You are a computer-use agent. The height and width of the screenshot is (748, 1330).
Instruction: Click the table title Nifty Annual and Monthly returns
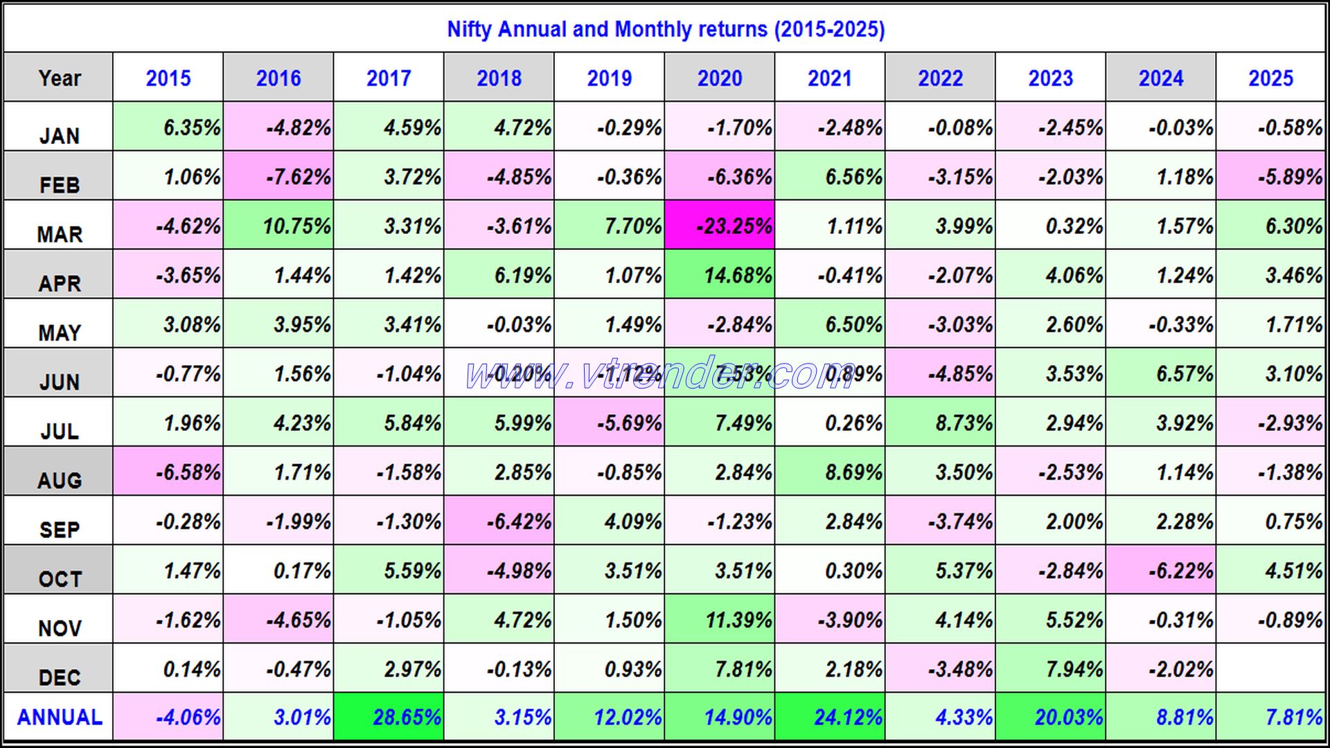(x=665, y=29)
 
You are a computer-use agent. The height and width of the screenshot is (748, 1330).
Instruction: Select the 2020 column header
(x=719, y=78)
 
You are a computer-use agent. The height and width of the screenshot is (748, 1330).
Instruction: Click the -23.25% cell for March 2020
(x=719, y=226)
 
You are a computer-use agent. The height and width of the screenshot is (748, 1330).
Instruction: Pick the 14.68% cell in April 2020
(x=719, y=275)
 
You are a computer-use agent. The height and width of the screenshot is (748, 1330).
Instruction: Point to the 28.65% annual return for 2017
(x=389, y=717)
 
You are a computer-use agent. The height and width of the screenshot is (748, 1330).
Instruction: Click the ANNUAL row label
(x=59, y=717)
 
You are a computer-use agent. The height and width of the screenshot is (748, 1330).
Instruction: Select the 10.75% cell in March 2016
(x=278, y=226)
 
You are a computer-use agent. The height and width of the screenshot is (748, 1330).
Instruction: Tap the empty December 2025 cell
(x=1270, y=668)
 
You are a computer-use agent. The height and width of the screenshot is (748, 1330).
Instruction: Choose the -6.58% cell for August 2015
(x=168, y=472)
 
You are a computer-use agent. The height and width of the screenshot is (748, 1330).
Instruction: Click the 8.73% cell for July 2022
(x=940, y=422)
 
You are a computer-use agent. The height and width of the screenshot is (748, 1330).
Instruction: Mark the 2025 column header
(x=1270, y=78)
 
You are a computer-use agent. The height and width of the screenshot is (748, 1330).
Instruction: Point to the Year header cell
(x=59, y=78)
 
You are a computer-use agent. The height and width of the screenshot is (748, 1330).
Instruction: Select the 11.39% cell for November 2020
(x=719, y=619)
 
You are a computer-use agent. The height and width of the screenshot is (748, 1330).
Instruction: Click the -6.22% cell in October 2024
(x=1160, y=570)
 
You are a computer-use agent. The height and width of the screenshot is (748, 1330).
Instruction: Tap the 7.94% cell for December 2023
(x=1050, y=668)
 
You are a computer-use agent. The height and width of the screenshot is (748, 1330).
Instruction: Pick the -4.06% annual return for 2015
(x=168, y=717)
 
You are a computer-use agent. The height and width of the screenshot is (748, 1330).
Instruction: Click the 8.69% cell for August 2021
(x=829, y=472)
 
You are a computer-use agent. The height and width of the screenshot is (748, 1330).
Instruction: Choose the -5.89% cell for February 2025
(x=1270, y=177)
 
